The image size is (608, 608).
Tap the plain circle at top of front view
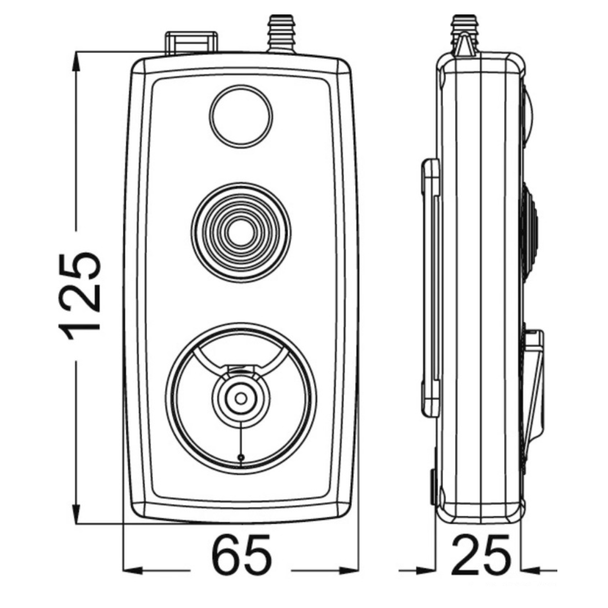tap(241, 116)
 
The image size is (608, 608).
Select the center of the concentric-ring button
tap(241, 233)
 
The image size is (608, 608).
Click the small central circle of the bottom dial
tap(241, 398)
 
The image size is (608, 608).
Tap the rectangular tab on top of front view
tap(191, 42)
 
